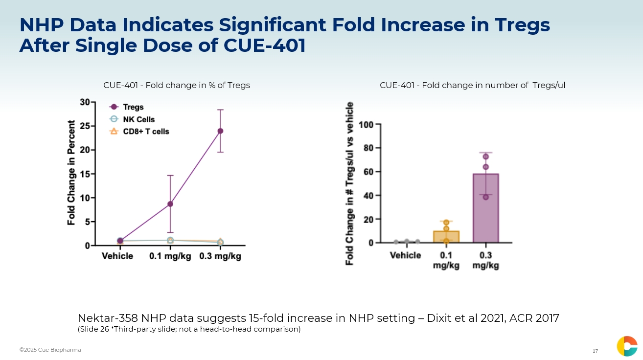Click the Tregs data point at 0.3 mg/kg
click(220, 131)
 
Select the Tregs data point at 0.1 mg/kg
click(170, 203)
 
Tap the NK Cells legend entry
click(138, 119)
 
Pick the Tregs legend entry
click(133, 107)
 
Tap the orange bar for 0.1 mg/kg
click(446, 237)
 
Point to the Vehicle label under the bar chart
click(405, 255)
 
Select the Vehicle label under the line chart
click(117, 256)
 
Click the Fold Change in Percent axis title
click(72, 173)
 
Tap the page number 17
click(595, 351)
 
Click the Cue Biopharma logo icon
click(627, 346)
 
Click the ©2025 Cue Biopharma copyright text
click(50, 350)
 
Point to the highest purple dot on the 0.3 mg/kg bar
click(486, 157)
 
